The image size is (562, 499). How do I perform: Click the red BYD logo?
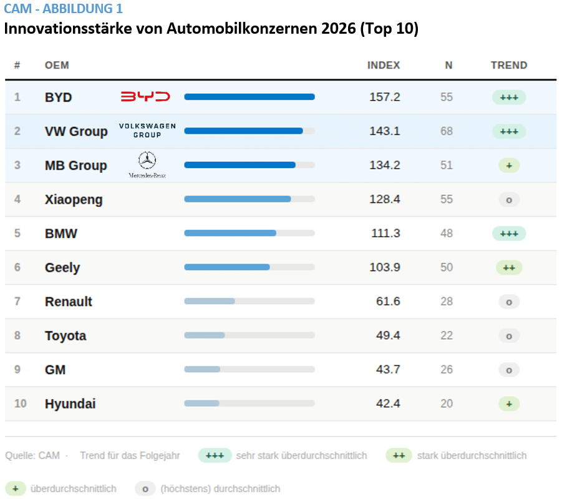click(145, 97)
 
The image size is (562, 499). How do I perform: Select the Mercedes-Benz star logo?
click(147, 161)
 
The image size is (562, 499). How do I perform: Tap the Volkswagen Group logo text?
click(147, 131)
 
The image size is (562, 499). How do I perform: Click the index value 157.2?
click(385, 97)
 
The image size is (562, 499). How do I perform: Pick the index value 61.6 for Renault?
click(387, 302)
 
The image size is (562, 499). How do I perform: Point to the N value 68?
click(446, 131)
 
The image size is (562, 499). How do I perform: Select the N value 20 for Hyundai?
click(446, 404)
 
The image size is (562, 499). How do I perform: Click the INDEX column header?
click(384, 66)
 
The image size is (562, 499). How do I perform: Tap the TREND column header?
click(509, 66)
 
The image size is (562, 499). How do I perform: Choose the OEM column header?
click(57, 66)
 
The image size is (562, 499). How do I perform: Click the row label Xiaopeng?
click(74, 200)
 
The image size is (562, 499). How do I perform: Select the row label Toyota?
click(65, 336)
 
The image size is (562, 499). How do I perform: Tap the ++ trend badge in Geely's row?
click(509, 267)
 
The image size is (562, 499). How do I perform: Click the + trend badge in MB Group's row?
click(509, 166)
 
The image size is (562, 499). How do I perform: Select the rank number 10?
click(21, 404)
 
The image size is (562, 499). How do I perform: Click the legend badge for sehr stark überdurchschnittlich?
click(215, 456)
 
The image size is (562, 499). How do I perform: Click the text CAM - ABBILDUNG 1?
click(63, 9)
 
